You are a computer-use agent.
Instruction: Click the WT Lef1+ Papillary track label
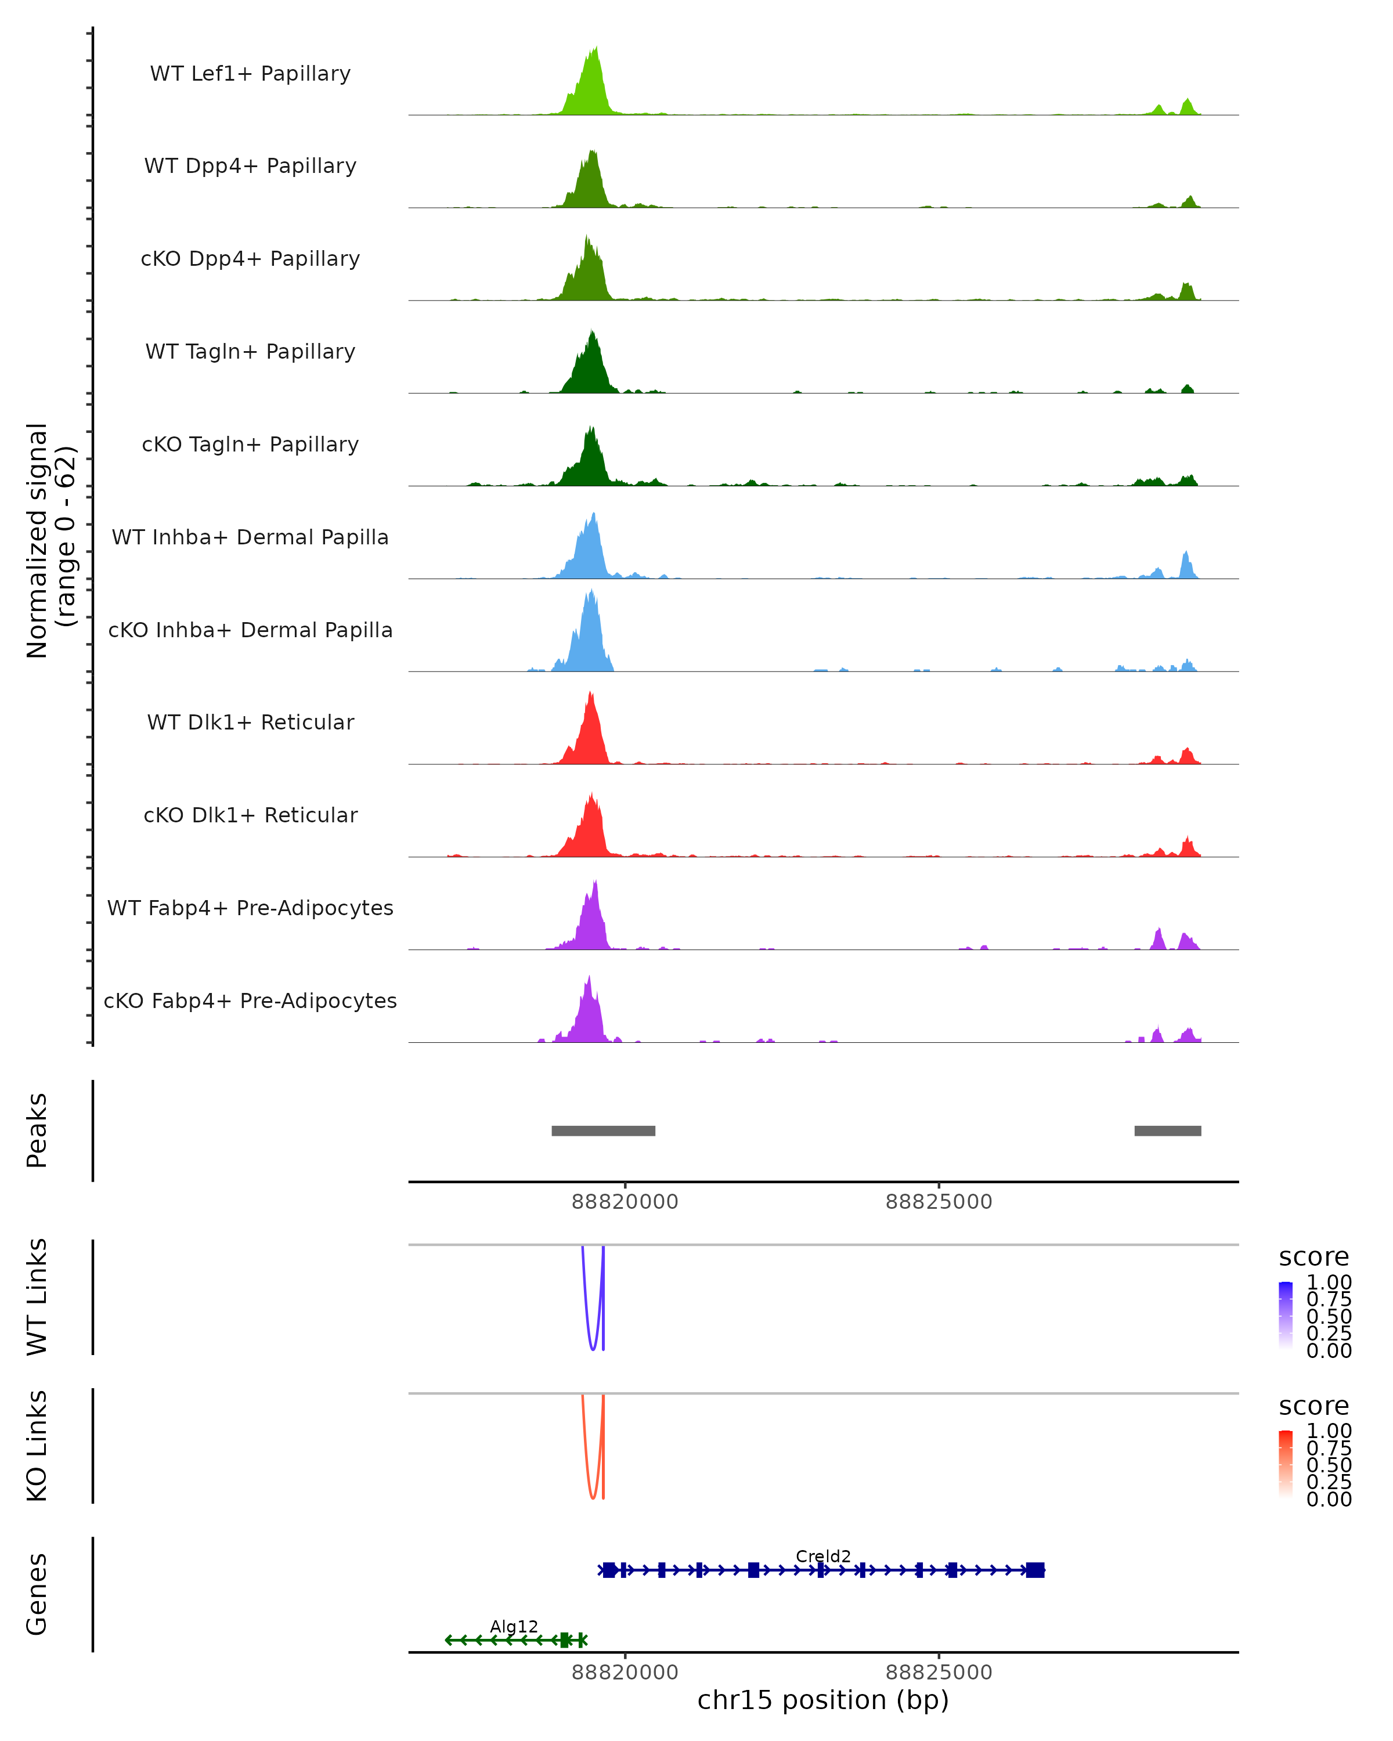coord(250,74)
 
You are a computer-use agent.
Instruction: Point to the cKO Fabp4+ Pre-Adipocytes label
coord(250,1000)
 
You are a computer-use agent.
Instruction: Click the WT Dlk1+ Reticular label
coord(250,722)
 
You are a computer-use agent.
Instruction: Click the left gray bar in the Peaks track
coord(603,1130)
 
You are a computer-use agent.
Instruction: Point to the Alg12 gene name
coord(514,1626)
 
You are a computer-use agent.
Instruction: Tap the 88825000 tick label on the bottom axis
coord(939,1673)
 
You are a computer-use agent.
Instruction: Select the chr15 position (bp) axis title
coord(823,1700)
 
